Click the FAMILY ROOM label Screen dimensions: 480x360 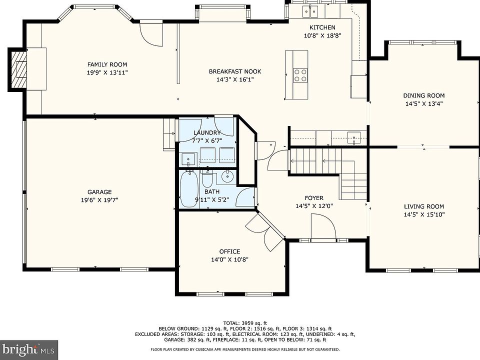point(107,64)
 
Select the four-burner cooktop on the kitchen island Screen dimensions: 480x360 point(300,75)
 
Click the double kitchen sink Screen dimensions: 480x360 point(310,12)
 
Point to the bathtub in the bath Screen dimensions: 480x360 point(189,189)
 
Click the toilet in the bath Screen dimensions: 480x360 point(207,179)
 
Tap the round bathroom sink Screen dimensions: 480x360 point(227,176)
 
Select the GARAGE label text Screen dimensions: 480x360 point(99,192)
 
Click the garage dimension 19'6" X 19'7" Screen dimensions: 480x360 point(99,200)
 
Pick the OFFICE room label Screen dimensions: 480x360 point(229,251)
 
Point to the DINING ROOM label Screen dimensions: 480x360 point(423,95)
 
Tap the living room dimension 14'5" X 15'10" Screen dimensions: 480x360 point(424,214)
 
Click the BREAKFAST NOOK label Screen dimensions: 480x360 point(235,71)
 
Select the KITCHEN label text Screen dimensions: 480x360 point(322,27)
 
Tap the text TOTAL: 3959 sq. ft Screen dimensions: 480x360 point(245,323)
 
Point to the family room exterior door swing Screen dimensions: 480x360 point(151,33)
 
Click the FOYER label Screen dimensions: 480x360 point(314,198)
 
